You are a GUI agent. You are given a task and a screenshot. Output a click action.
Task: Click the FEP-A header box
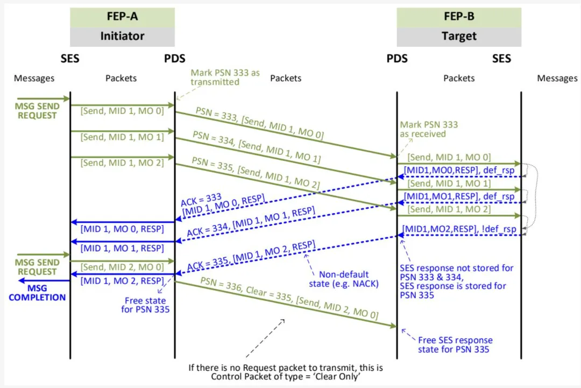click(122, 17)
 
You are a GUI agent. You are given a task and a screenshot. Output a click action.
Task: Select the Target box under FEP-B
click(459, 37)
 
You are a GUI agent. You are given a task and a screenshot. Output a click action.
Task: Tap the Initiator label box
click(122, 37)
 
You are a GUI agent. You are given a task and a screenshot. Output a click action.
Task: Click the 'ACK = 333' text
click(201, 200)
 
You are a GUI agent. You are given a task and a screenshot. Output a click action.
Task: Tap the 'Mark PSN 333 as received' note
click(429, 129)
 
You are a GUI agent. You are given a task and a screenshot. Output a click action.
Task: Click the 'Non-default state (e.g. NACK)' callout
click(344, 278)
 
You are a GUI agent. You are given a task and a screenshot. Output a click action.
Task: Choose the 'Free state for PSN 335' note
click(145, 305)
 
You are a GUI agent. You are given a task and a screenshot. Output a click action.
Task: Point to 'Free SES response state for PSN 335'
click(455, 344)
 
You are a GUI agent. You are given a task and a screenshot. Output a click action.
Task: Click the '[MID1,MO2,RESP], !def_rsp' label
click(458, 230)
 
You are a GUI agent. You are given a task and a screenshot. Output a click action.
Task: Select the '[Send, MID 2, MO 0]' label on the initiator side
click(122, 267)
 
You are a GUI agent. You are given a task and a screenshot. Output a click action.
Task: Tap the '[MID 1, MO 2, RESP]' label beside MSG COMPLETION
click(122, 280)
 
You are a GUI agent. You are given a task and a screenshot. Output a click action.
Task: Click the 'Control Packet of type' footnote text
click(286, 377)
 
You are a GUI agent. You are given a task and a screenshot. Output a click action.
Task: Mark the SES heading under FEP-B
click(501, 58)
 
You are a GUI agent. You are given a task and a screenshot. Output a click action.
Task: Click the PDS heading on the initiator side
click(174, 58)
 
